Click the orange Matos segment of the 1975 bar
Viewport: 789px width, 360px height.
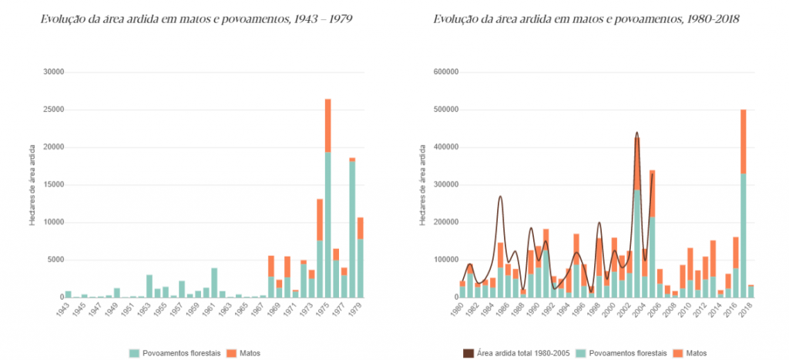click(x=328, y=125)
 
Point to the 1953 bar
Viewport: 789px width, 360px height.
click(x=149, y=285)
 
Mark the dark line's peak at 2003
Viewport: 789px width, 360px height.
click(x=636, y=133)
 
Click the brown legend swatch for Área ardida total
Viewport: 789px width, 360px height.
click(x=468, y=353)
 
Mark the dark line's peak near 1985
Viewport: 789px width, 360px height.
click(x=499, y=197)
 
